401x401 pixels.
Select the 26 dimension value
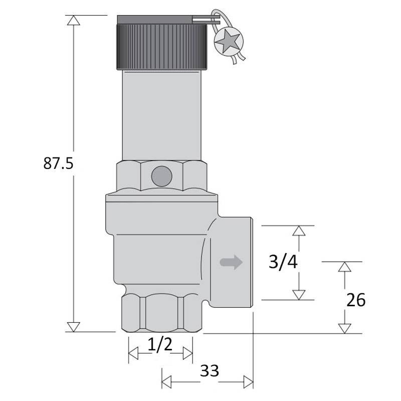coord(356,300)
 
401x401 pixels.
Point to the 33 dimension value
coord(210,371)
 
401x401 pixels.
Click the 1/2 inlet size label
coord(160,345)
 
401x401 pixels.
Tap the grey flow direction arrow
coord(231,262)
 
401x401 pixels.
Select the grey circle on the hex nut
coord(161,175)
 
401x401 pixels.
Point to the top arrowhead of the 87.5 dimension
coord(74,21)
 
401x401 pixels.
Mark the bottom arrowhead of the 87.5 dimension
coord(74,326)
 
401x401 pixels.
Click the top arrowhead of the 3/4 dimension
coord(299,231)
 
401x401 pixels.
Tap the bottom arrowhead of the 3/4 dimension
coord(299,294)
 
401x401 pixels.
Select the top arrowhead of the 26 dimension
coord(343,267)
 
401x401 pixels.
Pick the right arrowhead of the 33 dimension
coord(248,381)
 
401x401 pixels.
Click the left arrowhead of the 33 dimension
coord(167,381)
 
